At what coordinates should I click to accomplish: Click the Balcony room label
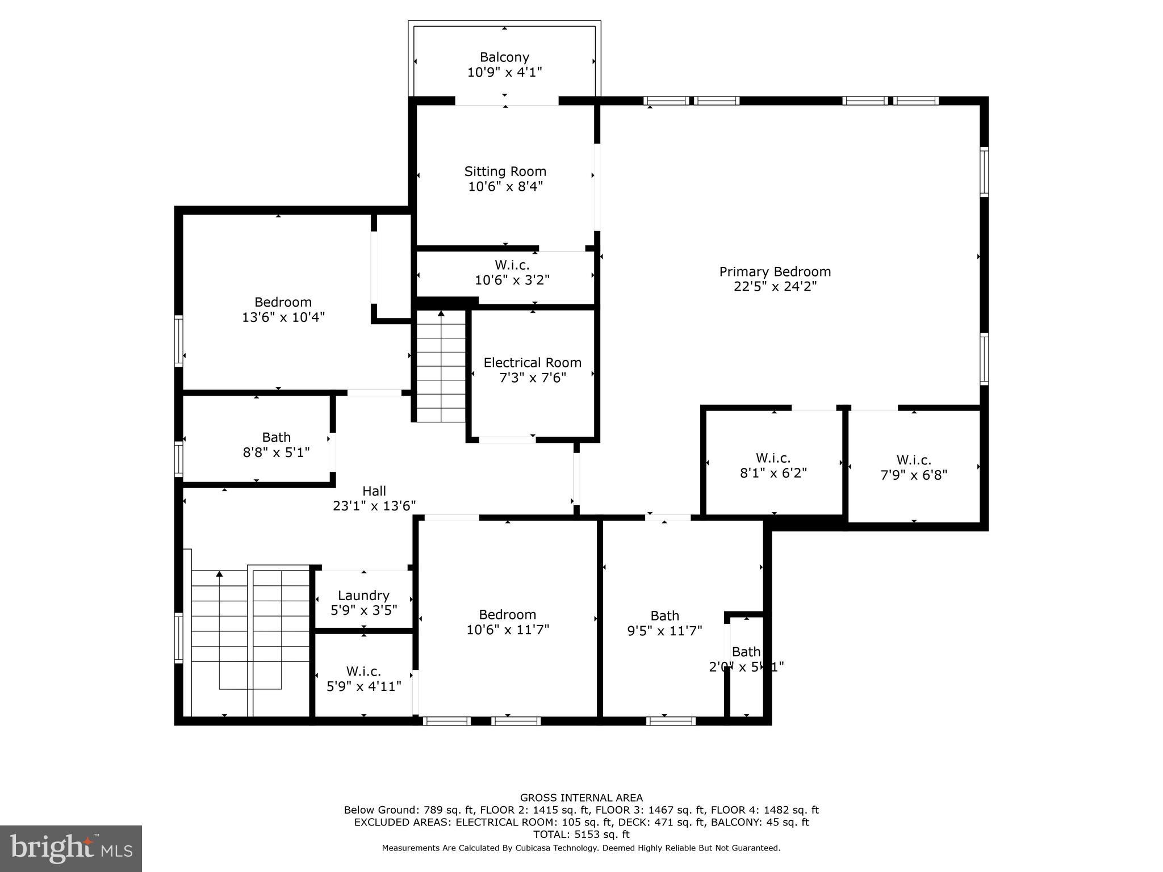[504, 57]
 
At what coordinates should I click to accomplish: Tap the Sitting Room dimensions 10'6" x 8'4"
[505, 187]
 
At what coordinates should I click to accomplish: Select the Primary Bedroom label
[775, 272]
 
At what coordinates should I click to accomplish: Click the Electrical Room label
[532, 363]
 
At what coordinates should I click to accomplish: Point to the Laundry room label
[363, 596]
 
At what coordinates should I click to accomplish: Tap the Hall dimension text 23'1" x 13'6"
[374, 506]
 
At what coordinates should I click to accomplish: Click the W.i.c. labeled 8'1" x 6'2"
[773, 465]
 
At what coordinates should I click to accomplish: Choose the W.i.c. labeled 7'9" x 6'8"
[914, 467]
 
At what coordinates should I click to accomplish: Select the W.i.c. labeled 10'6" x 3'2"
[512, 272]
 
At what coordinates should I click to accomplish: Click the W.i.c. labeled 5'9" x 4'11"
[363, 679]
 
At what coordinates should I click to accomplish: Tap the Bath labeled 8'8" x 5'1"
[276, 445]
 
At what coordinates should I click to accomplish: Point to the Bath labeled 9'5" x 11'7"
[664, 623]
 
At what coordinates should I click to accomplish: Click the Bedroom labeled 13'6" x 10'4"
[283, 309]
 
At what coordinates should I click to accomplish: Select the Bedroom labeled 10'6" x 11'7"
[507, 622]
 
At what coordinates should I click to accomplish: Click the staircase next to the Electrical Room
[441, 369]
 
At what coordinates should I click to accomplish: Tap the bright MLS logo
[71, 848]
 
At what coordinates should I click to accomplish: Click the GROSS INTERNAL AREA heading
[581, 798]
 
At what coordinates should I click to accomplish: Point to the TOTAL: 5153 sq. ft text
[581, 834]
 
